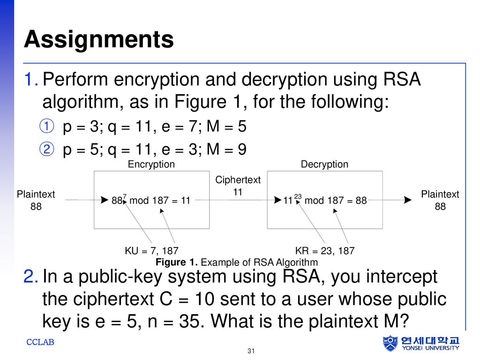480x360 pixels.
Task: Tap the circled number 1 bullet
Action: [47, 126]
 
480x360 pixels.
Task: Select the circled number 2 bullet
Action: [47, 149]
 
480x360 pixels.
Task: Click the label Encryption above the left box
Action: [151, 165]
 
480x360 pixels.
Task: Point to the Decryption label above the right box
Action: [324, 165]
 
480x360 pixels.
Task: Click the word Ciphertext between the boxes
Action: [238, 180]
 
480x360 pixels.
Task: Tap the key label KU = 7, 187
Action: [151, 251]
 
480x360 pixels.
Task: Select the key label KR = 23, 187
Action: [325, 251]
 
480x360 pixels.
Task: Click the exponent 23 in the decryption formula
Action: [298, 196]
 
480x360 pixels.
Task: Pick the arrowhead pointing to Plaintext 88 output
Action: [408, 200]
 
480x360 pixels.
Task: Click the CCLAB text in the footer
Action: [40, 342]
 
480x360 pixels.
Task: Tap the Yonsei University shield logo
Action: [390, 343]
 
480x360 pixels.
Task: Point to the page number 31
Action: [251, 351]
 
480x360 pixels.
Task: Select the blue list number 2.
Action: [30, 277]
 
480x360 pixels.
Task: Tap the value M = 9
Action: [226, 150]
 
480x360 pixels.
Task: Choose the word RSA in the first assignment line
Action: [402, 79]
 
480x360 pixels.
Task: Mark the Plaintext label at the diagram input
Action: [36, 194]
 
